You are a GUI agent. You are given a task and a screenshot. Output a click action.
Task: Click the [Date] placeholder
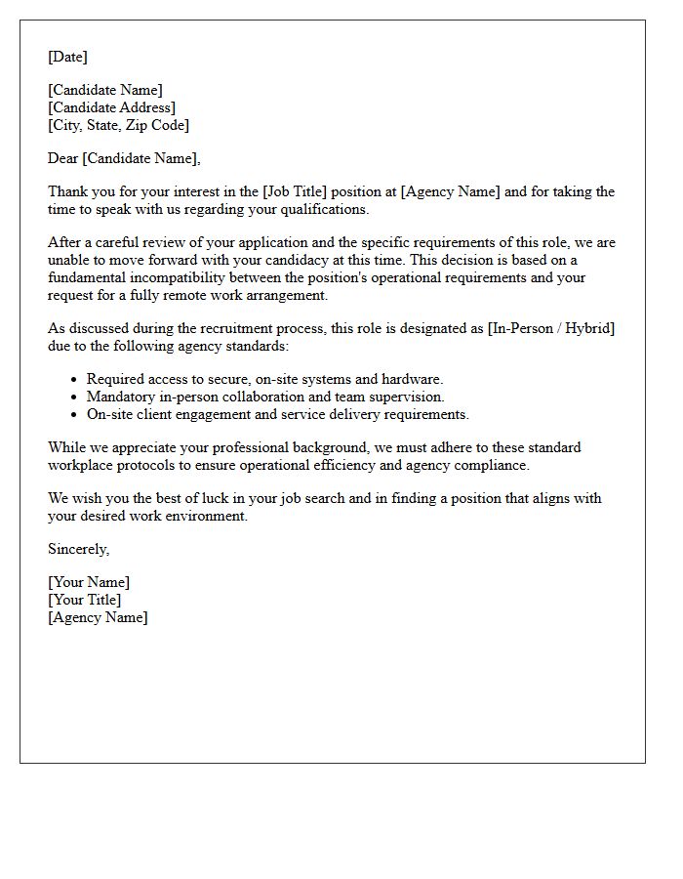67,57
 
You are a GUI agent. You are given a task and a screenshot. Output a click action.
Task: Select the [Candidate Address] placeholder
111,107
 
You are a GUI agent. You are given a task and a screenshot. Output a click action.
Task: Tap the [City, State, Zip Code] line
118,125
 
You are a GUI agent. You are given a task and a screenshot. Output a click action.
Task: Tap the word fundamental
84,277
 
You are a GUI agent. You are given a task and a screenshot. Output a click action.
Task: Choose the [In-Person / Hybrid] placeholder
551,328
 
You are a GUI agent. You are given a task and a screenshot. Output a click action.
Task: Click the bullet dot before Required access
74,380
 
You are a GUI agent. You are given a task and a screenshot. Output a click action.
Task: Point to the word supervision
404,397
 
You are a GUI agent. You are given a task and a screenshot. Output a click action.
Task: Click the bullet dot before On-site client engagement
74,415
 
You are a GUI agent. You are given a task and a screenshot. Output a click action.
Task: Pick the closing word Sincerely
78,549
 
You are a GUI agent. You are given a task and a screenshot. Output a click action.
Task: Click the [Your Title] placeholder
84,600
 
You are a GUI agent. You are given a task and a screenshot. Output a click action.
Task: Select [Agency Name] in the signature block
98,617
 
